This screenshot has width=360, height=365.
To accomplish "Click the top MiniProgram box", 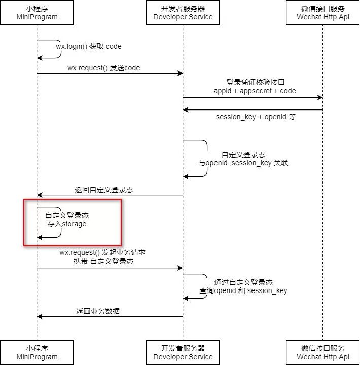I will click(x=37, y=13).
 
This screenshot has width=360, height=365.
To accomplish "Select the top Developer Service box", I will click(x=183, y=13).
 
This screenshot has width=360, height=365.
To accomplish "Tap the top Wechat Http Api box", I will click(x=323, y=13).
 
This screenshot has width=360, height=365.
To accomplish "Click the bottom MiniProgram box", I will click(x=37, y=352).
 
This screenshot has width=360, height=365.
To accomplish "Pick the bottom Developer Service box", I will click(x=183, y=352).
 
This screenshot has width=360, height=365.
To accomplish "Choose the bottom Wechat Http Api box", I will click(x=323, y=352).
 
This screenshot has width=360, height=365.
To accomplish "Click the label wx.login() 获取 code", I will click(x=89, y=46).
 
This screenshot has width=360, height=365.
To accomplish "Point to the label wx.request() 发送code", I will click(x=103, y=68).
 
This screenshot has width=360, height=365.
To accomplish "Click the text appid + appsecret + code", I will click(x=255, y=91).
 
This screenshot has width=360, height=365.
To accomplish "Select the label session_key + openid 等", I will click(x=256, y=117).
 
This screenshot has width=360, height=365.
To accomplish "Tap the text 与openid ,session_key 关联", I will click(x=243, y=163).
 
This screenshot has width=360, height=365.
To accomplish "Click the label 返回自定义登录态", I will click(x=104, y=190).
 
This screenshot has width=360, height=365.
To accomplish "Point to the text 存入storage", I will click(x=67, y=224).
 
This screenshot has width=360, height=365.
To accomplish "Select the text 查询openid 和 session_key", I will click(x=243, y=290).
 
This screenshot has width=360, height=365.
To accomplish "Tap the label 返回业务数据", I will click(x=98, y=311).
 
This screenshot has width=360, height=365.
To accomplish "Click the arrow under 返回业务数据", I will click(x=110, y=317).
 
